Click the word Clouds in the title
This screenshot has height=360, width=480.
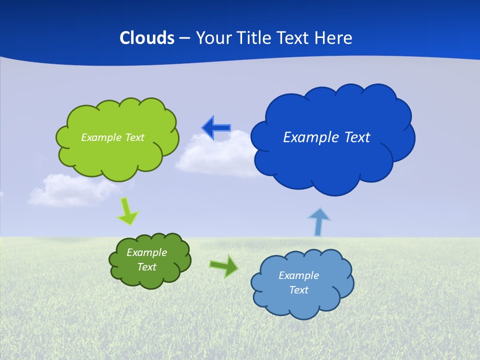click(146, 38)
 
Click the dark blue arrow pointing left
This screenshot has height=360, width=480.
click(216, 128)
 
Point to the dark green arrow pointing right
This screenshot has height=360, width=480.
click(224, 266)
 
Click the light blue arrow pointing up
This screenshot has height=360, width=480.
click(318, 221)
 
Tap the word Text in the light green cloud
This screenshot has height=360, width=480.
click(134, 137)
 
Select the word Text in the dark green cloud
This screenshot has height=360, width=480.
click(146, 267)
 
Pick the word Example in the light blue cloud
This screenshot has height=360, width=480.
click(298, 275)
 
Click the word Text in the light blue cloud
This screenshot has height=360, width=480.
click(298, 290)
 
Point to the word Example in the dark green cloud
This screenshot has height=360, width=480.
click(146, 252)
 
